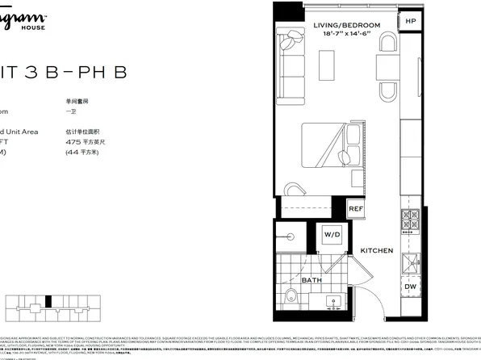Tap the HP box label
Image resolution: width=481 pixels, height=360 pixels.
(x=411, y=21)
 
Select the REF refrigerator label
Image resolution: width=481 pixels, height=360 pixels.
(x=356, y=209)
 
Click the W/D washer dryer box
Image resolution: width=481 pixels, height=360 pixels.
(x=331, y=236)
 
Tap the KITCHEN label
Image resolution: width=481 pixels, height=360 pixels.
(x=376, y=251)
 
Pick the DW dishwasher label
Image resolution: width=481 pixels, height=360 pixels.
(x=410, y=286)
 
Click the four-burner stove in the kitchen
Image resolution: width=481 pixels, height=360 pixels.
(x=410, y=219)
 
